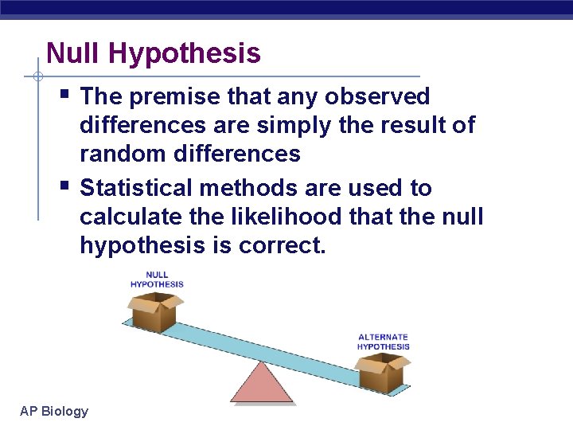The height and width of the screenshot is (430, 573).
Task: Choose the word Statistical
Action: click(134, 189)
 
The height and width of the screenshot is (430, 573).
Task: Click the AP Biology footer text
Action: click(54, 411)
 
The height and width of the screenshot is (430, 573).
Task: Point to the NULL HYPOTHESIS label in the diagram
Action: click(157, 279)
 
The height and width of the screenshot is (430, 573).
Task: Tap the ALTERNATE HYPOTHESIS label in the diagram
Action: click(383, 342)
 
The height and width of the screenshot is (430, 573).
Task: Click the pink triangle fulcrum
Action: click(262, 384)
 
